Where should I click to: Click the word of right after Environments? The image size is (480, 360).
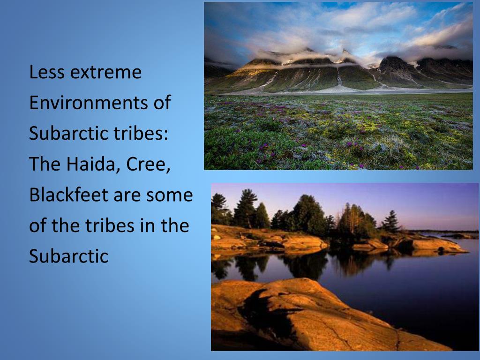pyautogui.click(x=161, y=103)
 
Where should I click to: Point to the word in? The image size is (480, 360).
pyautogui.click(x=147, y=225)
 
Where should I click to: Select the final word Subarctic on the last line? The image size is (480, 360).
pyautogui.click(x=68, y=256)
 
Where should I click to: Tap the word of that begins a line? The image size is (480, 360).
pyautogui.click(x=37, y=225)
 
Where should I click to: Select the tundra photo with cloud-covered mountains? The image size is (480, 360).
pyautogui.click(x=338, y=86)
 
